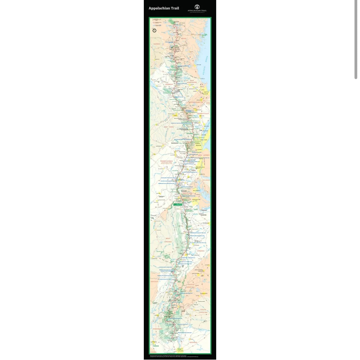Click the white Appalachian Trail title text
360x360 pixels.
click(164, 8)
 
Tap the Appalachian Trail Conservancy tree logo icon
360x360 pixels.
click(197, 7)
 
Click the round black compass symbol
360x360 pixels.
click(155, 30)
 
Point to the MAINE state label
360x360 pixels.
click(184, 39)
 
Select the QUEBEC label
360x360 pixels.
click(157, 44)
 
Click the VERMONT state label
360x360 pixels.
click(169, 84)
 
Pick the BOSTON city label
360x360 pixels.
click(206, 92)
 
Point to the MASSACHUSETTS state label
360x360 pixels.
click(198, 102)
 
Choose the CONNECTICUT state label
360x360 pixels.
click(203, 114)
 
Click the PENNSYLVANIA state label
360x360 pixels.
click(167, 161)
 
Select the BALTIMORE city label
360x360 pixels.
click(196, 191)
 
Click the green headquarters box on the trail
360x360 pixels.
click(178, 205)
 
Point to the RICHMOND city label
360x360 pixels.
click(205, 223)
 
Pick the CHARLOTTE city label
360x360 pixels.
click(204, 293)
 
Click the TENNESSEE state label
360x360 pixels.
click(158, 329)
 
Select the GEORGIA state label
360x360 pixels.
click(193, 342)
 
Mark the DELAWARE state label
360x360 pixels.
click(206, 180)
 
